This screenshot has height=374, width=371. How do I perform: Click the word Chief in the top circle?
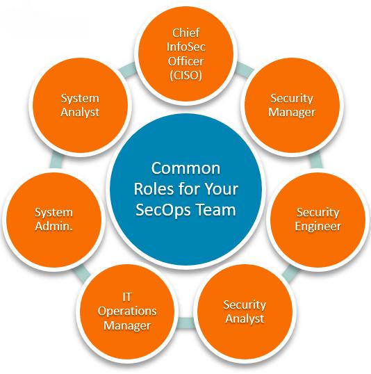(x=185, y=33)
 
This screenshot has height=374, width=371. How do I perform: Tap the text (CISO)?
(x=185, y=75)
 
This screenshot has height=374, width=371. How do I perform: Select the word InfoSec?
(x=185, y=47)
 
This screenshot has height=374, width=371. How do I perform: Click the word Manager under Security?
(x=292, y=112)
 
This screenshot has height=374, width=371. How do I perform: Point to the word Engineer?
(x=318, y=227)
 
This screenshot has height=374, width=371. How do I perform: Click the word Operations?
(x=127, y=311)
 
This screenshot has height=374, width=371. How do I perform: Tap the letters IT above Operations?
(x=127, y=298)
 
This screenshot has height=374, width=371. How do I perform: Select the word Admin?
(x=53, y=226)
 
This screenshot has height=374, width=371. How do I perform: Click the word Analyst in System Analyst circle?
(x=80, y=113)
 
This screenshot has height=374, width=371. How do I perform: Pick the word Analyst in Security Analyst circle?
(x=245, y=318)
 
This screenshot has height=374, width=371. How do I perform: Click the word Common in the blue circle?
(x=185, y=168)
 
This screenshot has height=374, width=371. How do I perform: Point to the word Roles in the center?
(x=154, y=189)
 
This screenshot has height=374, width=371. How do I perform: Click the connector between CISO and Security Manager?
(x=245, y=68)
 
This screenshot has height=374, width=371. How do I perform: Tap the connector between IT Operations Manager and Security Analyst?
(x=185, y=323)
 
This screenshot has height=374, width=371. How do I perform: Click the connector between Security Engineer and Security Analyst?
(x=290, y=272)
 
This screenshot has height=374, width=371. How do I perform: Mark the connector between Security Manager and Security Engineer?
(x=316, y=161)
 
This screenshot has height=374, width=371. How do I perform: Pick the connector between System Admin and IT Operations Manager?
(x=83, y=271)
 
